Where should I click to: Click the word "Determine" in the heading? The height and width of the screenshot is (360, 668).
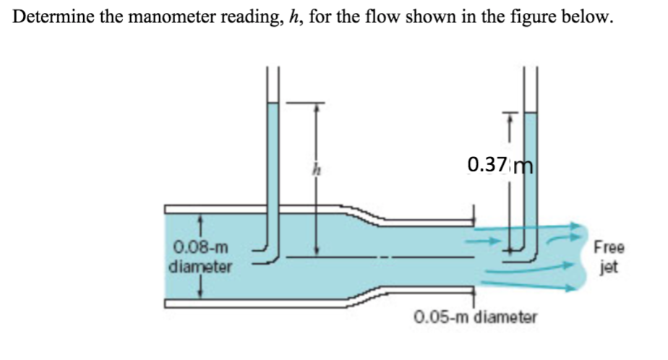pos(52,18)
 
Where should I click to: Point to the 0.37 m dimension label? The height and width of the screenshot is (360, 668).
pos(500,165)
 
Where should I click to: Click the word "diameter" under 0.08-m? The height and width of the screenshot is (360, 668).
pos(200,267)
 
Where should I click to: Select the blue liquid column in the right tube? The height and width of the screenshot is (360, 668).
pos(531,166)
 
